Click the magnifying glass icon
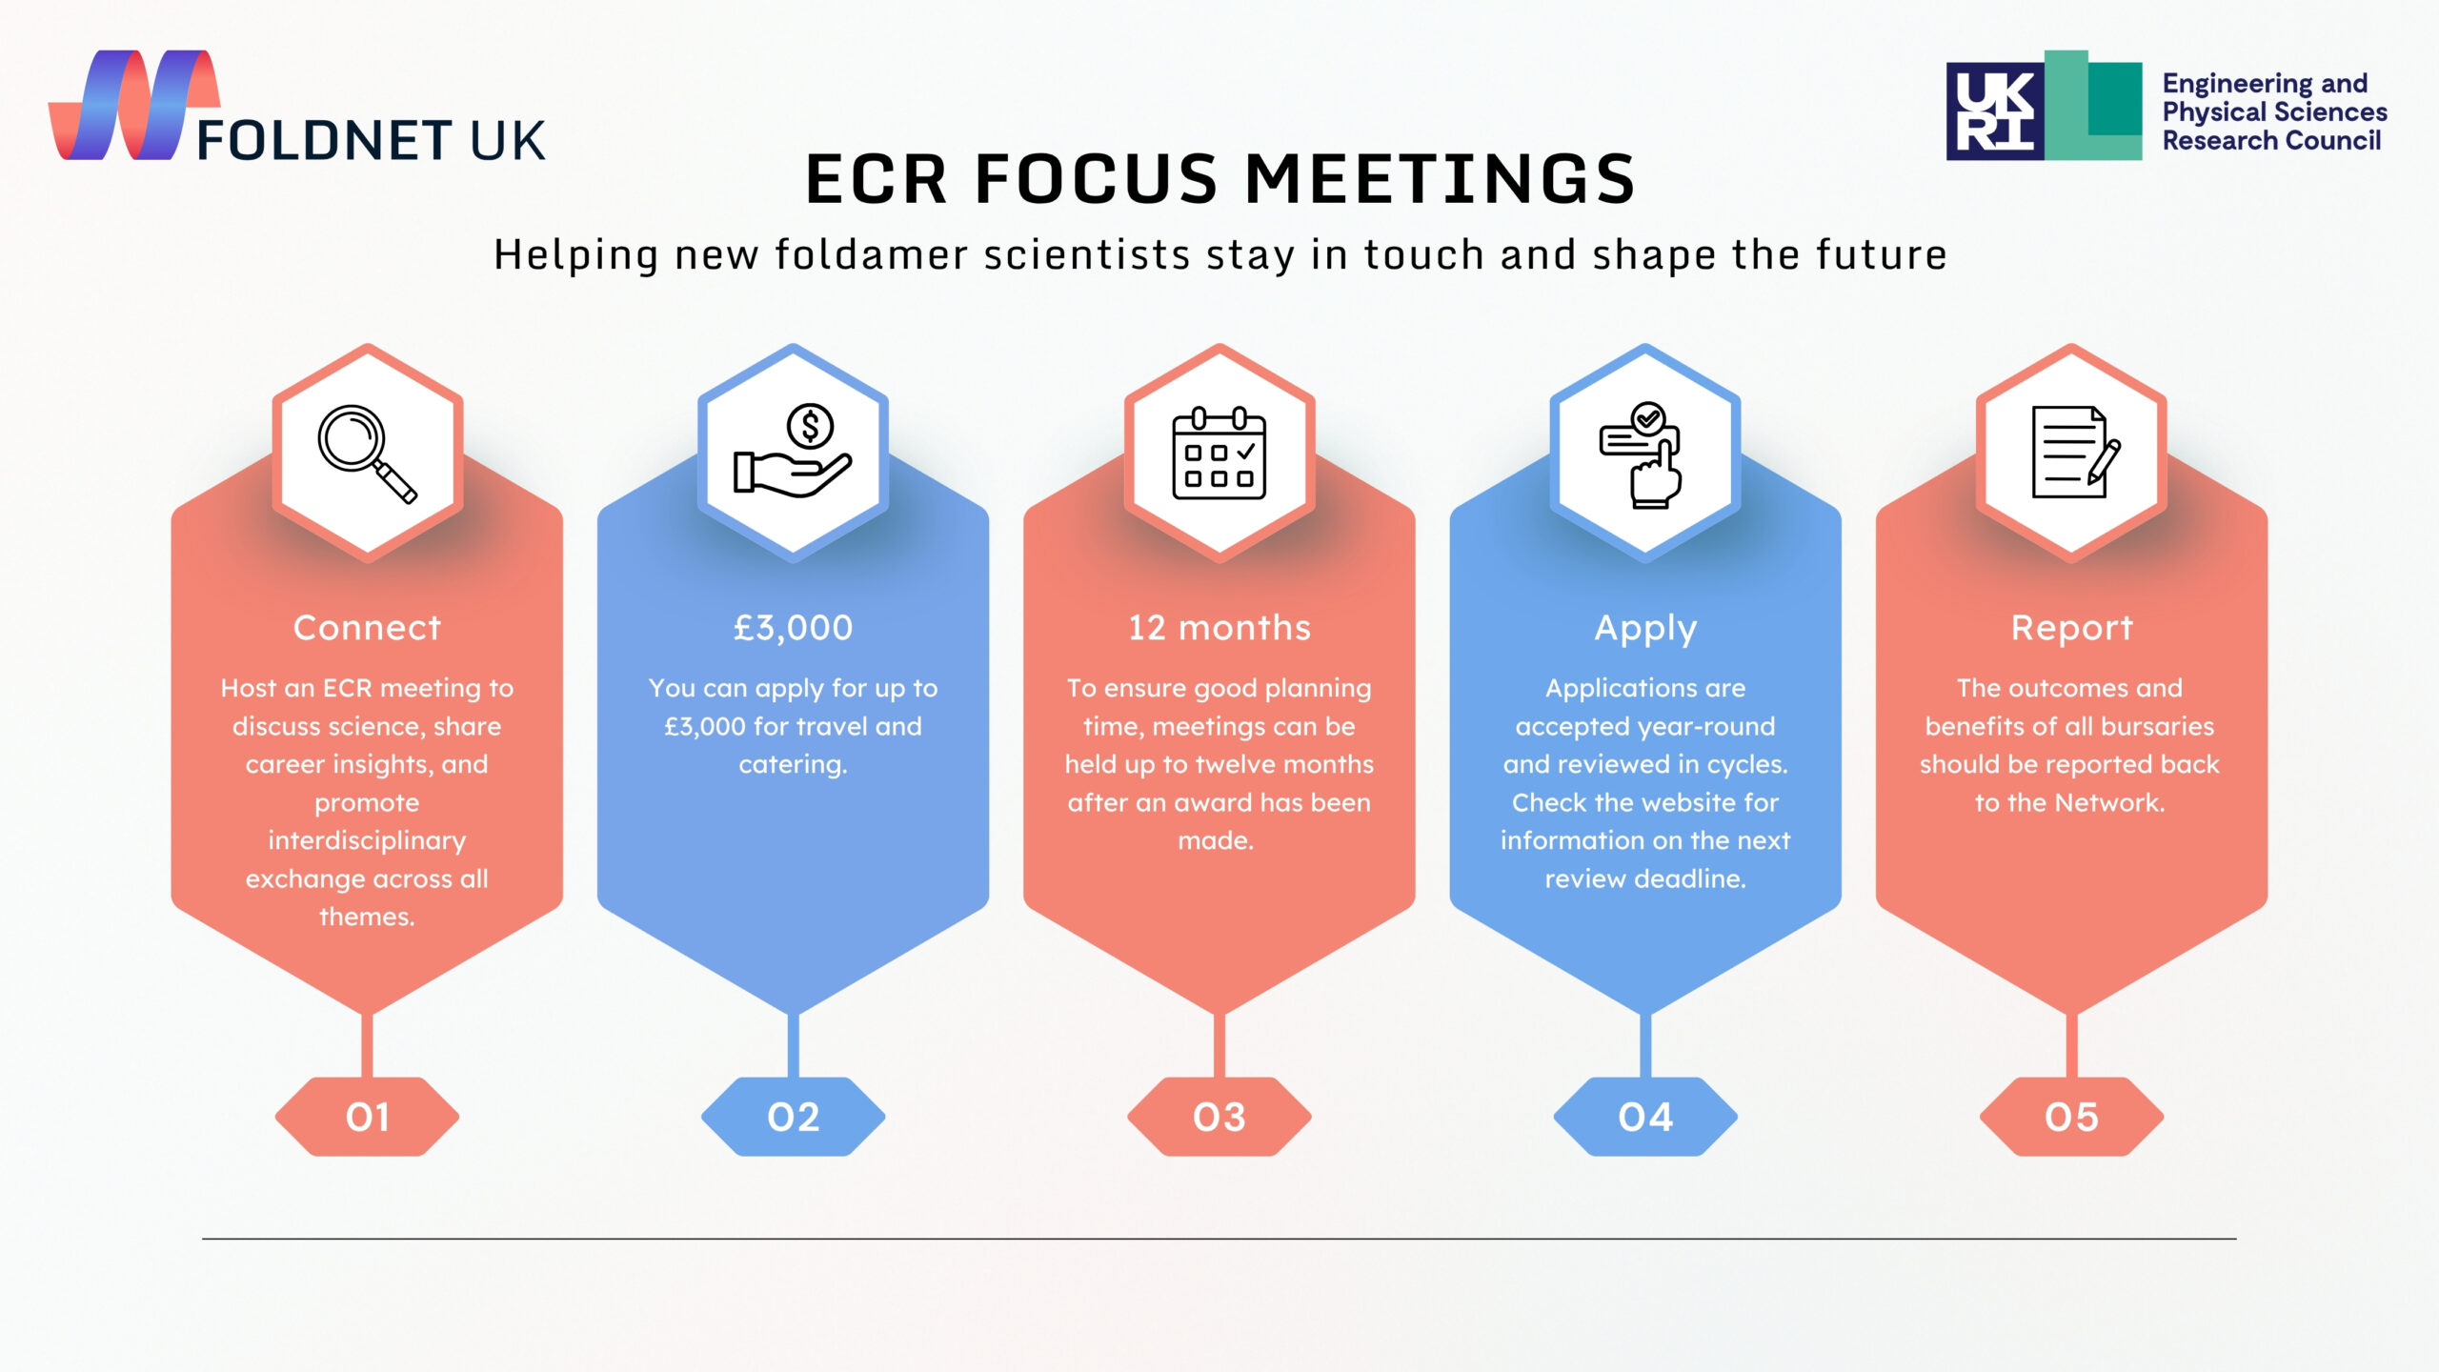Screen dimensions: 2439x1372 click(367, 454)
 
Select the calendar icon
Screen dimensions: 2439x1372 click(1219, 453)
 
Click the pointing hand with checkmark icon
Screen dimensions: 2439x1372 click(1641, 454)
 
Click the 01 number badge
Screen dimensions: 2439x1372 click(367, 1117)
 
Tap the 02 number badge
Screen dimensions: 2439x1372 click(793, 1117)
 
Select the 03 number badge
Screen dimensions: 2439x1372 click(1219, 1117)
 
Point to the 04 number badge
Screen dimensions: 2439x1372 click(1645, 1117)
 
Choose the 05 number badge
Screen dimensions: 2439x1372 click(2071, 1117)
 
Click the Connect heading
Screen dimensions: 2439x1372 click(367, 628)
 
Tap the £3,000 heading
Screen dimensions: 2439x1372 click(793, 628)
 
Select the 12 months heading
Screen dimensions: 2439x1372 click(1219, 628)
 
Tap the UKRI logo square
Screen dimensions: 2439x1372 click(1995, 111)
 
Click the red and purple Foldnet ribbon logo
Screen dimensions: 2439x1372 click(134, 105)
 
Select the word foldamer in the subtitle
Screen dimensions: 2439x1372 click(872, 255)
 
